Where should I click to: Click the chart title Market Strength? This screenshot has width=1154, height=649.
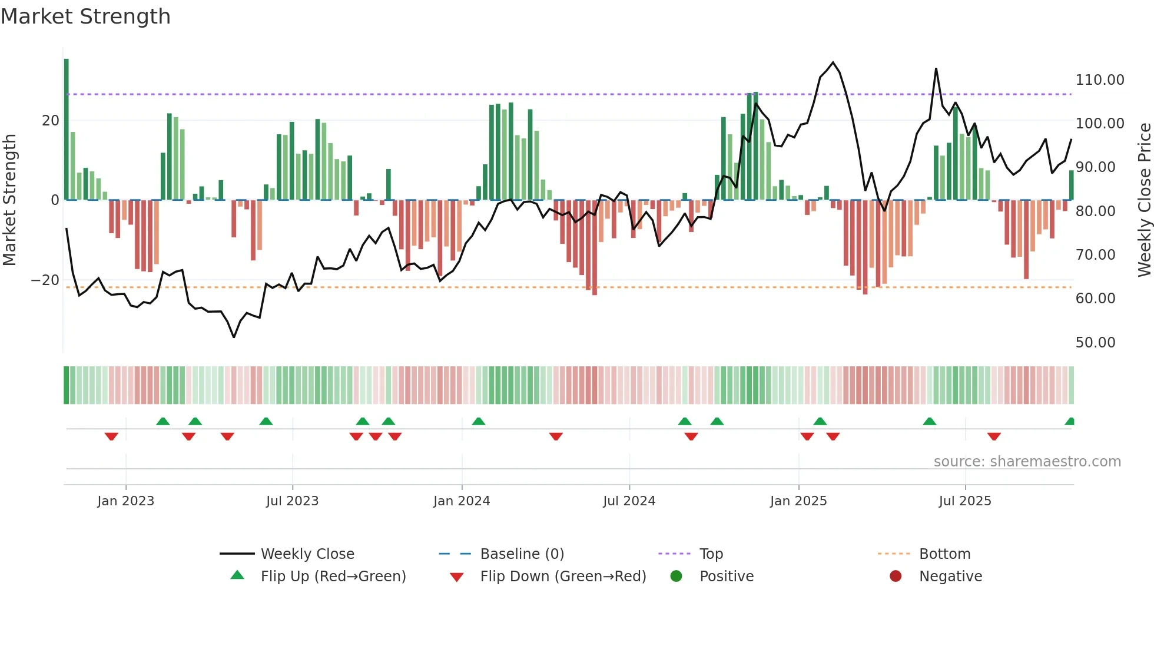coord(85,16)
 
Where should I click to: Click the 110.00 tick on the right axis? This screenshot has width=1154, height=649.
coord(1099,80)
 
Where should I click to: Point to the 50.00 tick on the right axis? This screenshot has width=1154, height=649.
coord(1095,343)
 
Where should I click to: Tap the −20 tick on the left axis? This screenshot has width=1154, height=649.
coord(45,280)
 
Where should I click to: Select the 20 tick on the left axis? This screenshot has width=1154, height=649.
coord(51,121)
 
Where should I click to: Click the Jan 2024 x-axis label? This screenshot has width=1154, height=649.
coord(462,501)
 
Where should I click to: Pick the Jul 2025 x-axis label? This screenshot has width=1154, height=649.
coord(965,501)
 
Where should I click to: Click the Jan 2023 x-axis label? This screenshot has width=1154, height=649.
coord(125,501)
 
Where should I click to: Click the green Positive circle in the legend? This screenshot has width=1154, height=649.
coord(676,577)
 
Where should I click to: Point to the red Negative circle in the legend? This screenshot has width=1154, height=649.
coord(896,577)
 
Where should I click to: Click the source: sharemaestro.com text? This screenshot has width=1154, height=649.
coord(1027,462)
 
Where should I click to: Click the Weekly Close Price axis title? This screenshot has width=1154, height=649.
coord(1144,200)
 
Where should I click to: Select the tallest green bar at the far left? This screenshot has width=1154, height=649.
coord(67,130)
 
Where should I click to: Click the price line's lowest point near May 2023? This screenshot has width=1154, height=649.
coord(234,337)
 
